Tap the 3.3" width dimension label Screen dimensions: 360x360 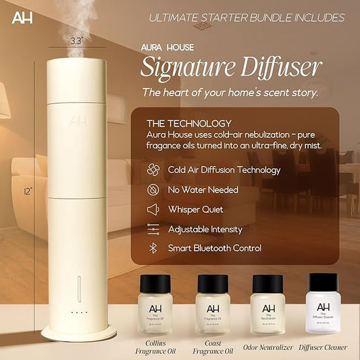click(x=76, y=41)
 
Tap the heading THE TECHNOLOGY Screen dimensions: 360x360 click(x=189, y=124)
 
